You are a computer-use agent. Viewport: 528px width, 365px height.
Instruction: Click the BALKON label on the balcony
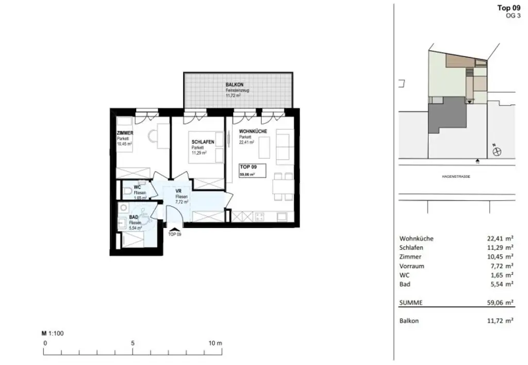click(x=234, y=85)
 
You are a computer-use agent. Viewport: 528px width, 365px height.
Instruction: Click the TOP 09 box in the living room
click(x=252, y=171)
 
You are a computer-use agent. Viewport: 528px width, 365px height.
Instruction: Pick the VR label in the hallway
click(x=178, y=190)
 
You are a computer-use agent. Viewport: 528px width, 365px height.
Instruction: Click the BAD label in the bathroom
click(x=134, y=218)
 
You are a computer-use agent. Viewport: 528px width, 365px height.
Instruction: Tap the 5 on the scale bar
click(x=133, y=343)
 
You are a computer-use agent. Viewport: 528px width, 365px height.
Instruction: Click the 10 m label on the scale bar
click(x=215, y=343)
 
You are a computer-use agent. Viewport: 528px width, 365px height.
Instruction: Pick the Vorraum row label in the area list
click(x=411, y=266)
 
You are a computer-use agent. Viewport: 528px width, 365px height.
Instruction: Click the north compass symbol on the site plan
click(x=497, y=151)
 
